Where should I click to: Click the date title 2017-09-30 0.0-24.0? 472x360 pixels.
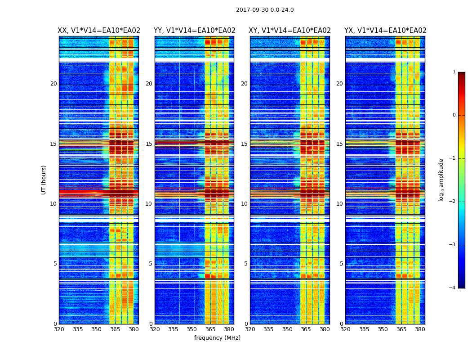click(265, 10)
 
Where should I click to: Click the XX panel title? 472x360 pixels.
click(99, 31)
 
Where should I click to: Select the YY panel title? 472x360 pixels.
click(195, 31)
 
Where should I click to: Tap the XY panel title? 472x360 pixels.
click(290, 31)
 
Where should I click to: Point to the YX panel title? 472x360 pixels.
click(385, 31)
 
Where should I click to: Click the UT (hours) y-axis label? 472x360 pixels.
click(44, 180)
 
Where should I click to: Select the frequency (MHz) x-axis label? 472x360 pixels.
click(217, 338)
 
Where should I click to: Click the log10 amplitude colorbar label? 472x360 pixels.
click(441, 180)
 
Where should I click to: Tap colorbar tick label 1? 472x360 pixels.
click(454, 72)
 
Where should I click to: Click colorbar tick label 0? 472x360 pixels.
click(454, 115)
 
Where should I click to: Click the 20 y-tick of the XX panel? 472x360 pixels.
click(53, 84)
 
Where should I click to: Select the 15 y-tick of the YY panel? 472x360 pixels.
click(149, 144)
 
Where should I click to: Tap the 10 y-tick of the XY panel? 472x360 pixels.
click(244, 204)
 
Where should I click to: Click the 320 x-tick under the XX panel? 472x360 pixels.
click(59, 329)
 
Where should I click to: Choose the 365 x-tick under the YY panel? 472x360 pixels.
click(210, 329)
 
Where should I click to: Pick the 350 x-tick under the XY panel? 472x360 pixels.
click(287, 329)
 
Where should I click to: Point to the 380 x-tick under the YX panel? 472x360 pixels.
click(420, 329)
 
